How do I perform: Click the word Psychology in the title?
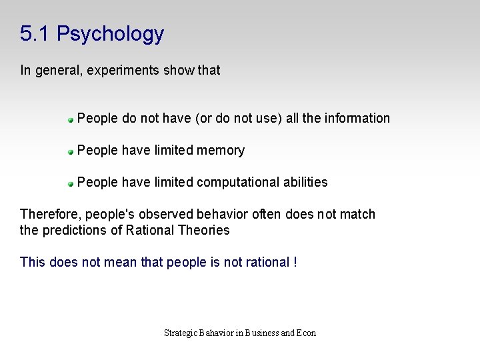point(110,34)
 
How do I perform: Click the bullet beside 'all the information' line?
point(70,120)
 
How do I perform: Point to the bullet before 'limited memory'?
point(70,152)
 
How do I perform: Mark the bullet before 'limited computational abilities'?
point(70,184)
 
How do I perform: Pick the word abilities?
point(305,182)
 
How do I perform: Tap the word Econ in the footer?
point(307,333)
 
